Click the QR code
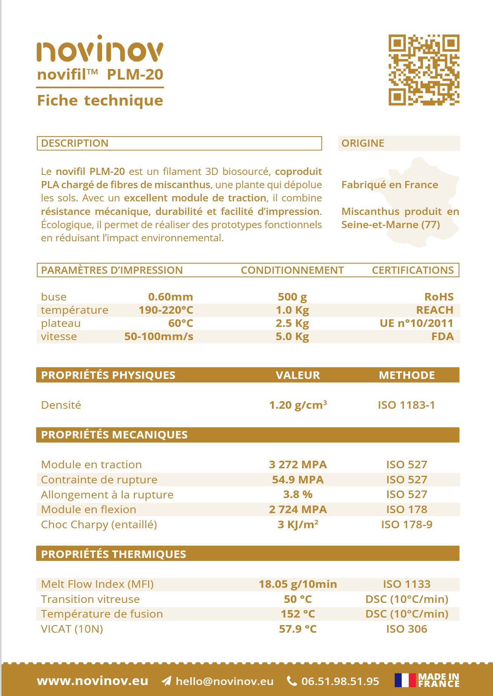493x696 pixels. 424,70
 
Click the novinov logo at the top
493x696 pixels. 100,49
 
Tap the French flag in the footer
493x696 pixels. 405,681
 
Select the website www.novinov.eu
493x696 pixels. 93,681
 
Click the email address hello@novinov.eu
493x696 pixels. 224,681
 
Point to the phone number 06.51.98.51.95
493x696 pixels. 340,681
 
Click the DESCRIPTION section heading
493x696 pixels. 75,143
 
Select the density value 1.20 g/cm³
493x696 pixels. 298,405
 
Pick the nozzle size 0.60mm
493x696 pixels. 170,297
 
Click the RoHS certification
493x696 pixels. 439,297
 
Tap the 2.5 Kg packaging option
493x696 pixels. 292,323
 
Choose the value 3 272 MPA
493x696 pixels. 298,465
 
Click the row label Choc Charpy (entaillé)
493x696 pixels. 99,524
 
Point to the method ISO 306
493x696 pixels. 406,629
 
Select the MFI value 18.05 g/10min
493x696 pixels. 298,584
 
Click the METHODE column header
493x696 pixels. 406,375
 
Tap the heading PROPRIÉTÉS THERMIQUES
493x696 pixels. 113,554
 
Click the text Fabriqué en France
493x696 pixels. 389,185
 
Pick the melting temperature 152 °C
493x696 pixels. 298,614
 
